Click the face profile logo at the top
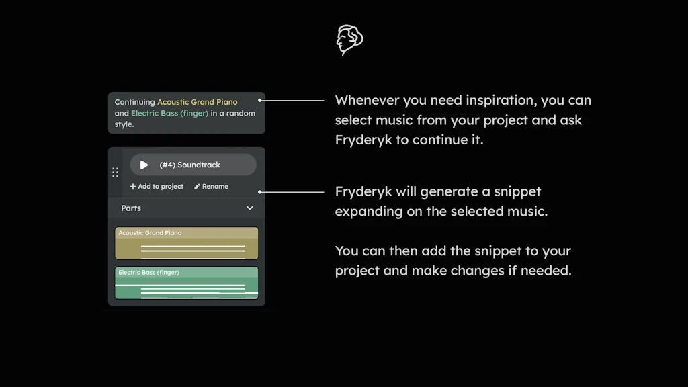349,40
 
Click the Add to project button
157,187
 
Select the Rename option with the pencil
211,187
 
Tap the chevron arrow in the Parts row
250,208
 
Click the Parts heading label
131,208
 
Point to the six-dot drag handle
115,172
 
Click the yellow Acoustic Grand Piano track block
187,243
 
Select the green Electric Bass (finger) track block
187,283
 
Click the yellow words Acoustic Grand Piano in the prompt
197,102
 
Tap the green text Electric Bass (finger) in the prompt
169,114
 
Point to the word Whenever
367,101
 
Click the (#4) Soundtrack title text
189,165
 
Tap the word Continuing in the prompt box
134,102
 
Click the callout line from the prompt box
293,101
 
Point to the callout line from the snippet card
293,191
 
